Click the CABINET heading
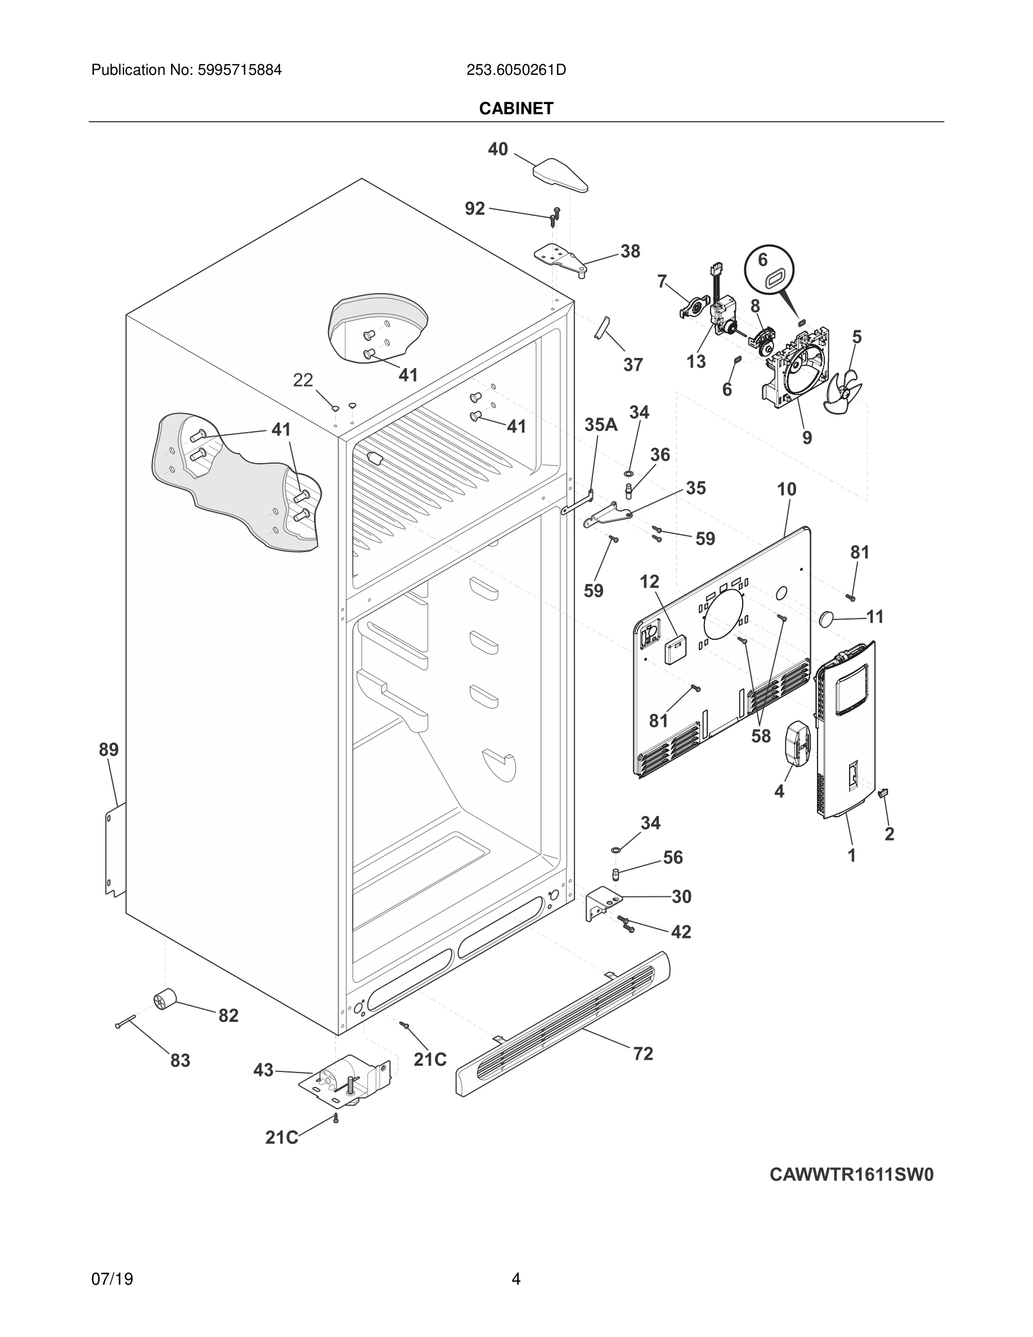516,109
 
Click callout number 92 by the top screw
474,209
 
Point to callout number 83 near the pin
180,1060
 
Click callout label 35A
600,424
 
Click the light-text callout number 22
303,380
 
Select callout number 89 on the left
109,750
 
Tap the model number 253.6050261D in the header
516,70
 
